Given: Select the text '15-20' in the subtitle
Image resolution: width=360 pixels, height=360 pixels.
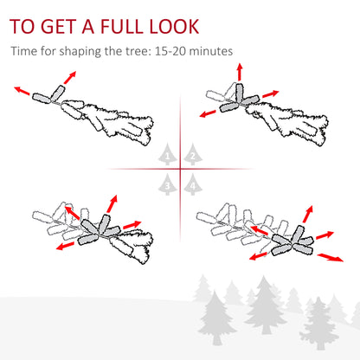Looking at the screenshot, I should [172, 51].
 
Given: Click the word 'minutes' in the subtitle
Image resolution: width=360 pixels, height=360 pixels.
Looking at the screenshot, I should [211, 51].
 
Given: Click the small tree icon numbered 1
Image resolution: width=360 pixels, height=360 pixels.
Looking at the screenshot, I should [168, 155].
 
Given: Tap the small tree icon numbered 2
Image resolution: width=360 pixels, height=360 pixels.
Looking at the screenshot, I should [192, 155].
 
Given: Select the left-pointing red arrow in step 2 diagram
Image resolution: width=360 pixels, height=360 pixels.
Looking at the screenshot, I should [208, 112].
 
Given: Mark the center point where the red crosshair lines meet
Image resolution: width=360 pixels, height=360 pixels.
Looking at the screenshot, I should [180, 169].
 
